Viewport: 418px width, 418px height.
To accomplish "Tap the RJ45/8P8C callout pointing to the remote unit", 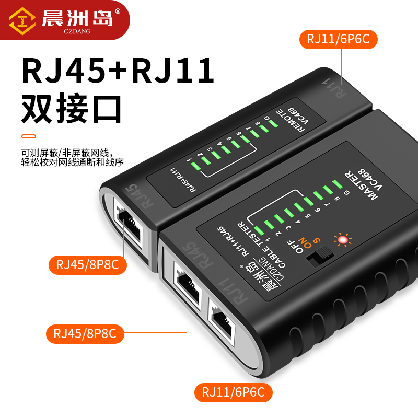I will pyautogui.click(x=87, y=265).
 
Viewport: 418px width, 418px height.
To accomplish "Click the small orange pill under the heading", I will pyautogui.click(x=29, y=137).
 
